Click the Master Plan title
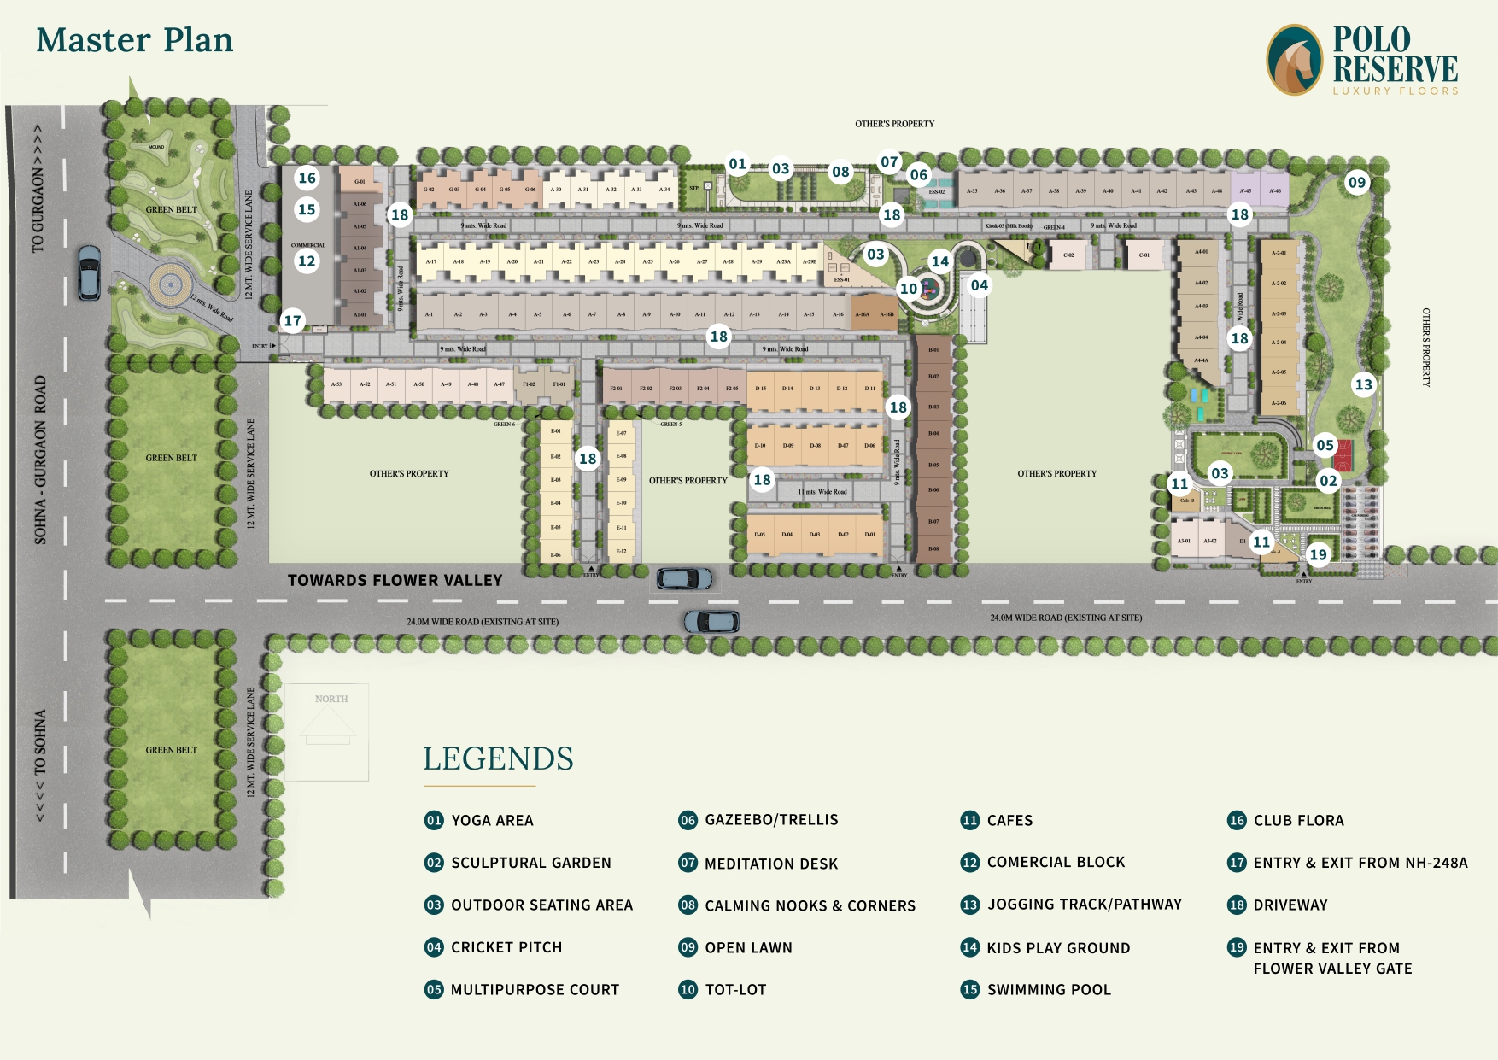135,40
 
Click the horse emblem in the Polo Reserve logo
1295,60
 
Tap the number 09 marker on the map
1356,182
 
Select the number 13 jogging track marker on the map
1363,384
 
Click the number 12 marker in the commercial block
307,261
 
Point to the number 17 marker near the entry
293,321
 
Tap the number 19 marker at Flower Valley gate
1318,554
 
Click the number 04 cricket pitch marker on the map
979,285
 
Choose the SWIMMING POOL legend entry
1048,989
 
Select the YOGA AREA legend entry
491,820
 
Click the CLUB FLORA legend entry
1298,820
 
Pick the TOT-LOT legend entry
734,989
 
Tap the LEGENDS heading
498,758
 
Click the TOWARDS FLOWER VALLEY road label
395,580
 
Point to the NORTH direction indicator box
328,732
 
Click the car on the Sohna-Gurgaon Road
89,272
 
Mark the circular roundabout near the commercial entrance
169,283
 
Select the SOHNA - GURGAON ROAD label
40,459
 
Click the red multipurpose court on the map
1343,455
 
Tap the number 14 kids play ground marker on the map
939,261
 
